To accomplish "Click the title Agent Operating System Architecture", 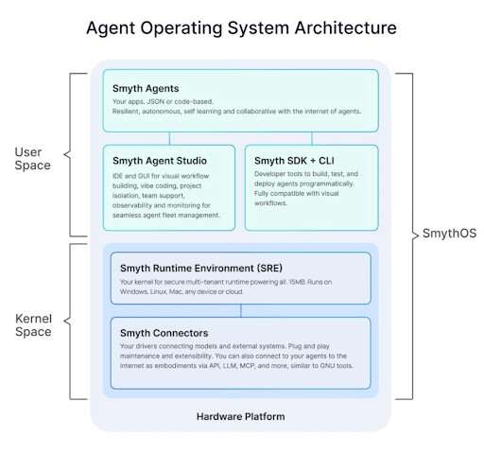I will coord(241,27).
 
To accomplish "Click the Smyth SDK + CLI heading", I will coord(295,161).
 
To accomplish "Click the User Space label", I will coord(33,159).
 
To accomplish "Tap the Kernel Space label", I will coord(33,323).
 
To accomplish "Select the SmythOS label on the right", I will coord(442,233).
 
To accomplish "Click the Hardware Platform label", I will coord(241,416).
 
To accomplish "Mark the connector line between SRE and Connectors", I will coord(240,311).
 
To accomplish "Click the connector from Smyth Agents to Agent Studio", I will coord(169,138).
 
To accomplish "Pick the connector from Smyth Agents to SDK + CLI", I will coord(311,138).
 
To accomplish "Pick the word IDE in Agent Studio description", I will coord(118,178).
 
